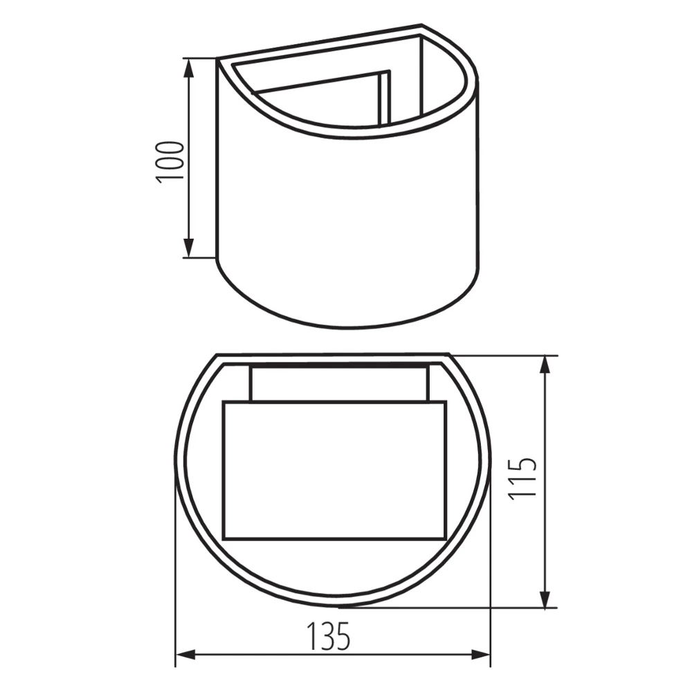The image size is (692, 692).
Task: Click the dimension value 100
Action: coord(170,161)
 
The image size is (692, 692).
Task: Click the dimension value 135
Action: coord(328,637)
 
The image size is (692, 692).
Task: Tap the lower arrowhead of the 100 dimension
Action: coord(188,248)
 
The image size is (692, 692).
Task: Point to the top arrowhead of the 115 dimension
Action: coord(546,365)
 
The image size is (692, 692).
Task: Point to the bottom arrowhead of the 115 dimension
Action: coord(546,598)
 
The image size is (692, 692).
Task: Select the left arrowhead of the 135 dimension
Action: coord(185,655)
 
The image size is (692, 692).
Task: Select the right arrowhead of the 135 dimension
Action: coord(481,655)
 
